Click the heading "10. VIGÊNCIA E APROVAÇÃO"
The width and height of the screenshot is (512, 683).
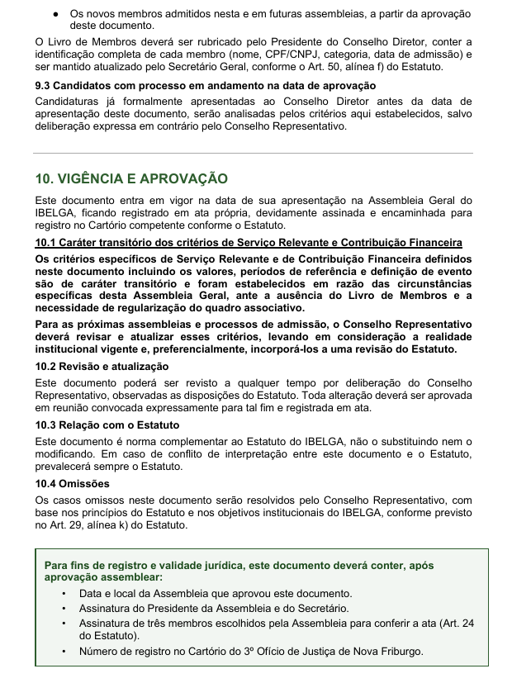(x=131, y=179)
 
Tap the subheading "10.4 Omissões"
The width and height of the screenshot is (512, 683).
(x=73, y=483)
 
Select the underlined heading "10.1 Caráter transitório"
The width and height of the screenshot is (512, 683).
(x=249, y=242)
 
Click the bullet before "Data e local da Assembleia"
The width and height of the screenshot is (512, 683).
(x=64, y=594)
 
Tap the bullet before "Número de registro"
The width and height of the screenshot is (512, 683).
(x=64, y=652)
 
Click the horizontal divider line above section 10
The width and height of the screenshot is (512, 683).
(x=255, y=153)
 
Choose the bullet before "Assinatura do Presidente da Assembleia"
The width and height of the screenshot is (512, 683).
(x=64, y=609)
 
